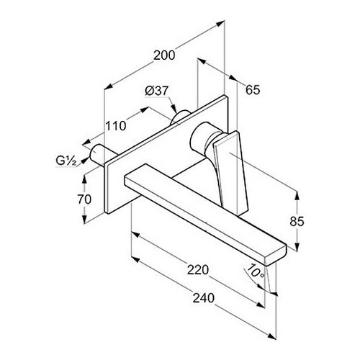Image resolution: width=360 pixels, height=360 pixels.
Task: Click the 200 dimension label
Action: (x=164, y=55)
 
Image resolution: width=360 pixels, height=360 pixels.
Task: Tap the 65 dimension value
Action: (x=253, y=90)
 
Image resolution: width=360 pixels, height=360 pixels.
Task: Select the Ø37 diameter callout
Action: (x=156, y=91)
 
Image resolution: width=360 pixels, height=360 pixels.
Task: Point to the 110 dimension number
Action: (x=116, y=126)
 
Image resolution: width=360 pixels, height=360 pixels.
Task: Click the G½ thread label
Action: (x=66, y=161)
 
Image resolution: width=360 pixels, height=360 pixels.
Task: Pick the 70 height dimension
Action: (x=84, y=199)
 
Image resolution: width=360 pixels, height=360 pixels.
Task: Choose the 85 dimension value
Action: (x=297, y=222)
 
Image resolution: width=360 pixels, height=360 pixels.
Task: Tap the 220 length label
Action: (x=198, y=270)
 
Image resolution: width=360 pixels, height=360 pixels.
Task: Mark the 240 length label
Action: (x=204, y=298)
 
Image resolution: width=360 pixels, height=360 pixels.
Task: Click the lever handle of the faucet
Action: (x=230, y=171)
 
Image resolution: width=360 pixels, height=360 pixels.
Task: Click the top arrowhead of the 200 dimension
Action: (x=220, y=23)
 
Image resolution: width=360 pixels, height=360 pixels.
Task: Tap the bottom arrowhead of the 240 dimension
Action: (x=271, y=336)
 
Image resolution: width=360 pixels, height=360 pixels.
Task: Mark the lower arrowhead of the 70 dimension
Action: (x=84, y=219)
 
